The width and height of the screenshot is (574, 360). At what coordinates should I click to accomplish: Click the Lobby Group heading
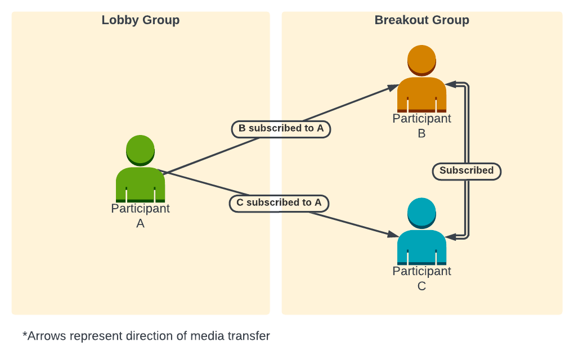[x=141, y=20]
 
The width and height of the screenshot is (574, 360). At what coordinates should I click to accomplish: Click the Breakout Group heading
[x=421, y=20]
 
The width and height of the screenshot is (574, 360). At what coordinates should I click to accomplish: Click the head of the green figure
[x=140, y=149]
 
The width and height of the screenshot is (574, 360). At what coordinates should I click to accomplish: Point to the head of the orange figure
[x=421, y=60]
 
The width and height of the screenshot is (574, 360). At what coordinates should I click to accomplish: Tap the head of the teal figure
[x=421, y=212]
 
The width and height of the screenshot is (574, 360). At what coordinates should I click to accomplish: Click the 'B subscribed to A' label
[x=281, y=129]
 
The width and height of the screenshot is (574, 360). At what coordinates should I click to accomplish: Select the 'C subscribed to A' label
[x=279, y=203]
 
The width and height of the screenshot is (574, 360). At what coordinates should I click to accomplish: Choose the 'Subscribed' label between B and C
[x=467, y=171]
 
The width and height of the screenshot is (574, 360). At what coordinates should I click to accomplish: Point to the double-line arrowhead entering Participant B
[x=450, y=84]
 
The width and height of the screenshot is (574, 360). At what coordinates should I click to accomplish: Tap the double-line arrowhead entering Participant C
[x=450, y=236]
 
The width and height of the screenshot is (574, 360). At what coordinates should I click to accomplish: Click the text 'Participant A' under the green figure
[x=140, y=215]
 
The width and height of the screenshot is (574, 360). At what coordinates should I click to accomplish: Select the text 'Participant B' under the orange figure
[x=421, y=126]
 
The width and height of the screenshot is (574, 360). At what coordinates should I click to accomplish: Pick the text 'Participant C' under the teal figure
[x=421, y=278]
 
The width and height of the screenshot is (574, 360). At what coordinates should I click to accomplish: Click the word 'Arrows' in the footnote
[x=44, y=336]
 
